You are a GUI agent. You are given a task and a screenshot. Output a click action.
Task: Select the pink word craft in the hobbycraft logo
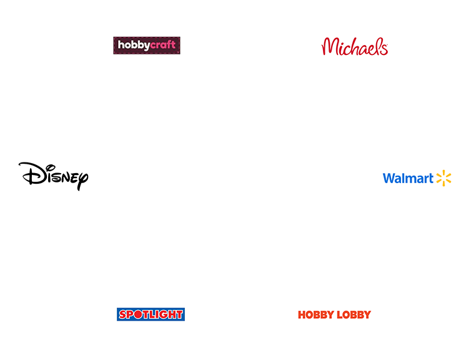click(x=162, y=44)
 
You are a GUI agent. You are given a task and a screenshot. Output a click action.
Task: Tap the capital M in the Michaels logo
click(x=329, y=46)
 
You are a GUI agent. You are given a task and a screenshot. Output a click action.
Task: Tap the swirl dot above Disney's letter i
click(x=51, y=167)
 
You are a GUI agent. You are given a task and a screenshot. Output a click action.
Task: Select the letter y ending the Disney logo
click(x=82, y=180)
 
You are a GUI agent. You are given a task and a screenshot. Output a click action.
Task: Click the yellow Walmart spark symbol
click(x=444, y=178)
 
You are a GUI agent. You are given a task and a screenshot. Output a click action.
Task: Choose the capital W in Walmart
click(x=390, y=178)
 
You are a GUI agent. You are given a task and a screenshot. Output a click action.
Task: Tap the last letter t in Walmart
click(x=430, y=178)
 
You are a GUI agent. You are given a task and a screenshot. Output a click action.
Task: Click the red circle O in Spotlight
click(x=138, y=314)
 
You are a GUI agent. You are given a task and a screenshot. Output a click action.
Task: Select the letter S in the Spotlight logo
click(x=123, y=314)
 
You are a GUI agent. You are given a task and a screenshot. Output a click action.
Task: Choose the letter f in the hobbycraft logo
click(x=169, y=44)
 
